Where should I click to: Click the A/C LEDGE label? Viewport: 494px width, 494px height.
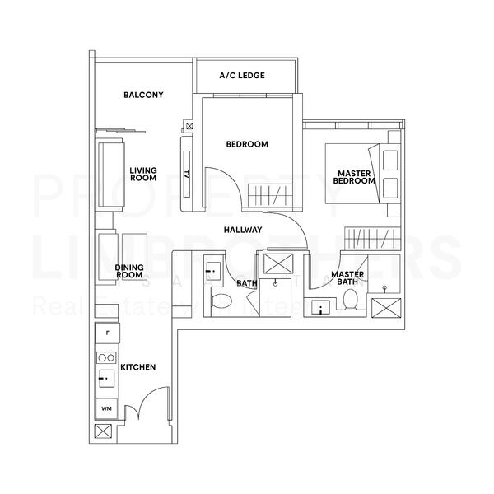point(242,76)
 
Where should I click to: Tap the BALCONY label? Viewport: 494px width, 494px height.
point(143,95)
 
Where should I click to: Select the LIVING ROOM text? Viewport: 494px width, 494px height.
point(143,175)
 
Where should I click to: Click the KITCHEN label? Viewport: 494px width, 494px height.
point(137,366)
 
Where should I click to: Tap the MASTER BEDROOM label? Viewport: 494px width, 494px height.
point(357,178)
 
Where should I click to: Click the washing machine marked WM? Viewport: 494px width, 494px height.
point(107,408)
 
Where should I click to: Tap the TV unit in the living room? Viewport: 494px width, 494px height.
point(187,174)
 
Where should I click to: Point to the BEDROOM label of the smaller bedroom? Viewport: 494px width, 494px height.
point(247,144)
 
